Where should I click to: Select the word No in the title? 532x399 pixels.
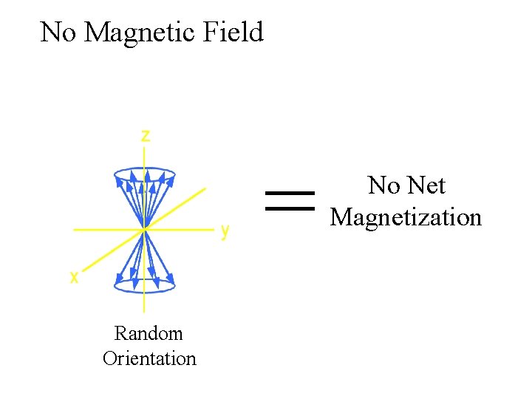coord(58,33)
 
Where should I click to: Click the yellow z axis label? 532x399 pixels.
coord(146,135)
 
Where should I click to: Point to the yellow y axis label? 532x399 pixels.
coord(225,231)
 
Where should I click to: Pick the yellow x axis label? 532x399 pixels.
coord(74,277)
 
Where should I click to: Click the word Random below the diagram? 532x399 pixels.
coord(149,333)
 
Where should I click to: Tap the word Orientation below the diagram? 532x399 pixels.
coord(149,359)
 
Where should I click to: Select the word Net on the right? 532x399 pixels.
coord(428,185)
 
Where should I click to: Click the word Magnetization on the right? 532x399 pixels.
coord(406,217)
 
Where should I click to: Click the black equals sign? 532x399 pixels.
coord(289,200)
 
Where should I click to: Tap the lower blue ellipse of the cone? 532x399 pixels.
coord(145,284)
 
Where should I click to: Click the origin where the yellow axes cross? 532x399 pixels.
coord(144,230)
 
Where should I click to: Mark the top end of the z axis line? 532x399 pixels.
coord(144,146)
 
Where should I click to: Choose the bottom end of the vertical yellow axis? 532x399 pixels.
coord(144,313)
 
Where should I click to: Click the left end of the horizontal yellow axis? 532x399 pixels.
coord(74,230)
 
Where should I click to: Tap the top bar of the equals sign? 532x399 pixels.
coord(289,193)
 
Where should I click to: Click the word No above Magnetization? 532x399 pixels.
coord(383,185)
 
